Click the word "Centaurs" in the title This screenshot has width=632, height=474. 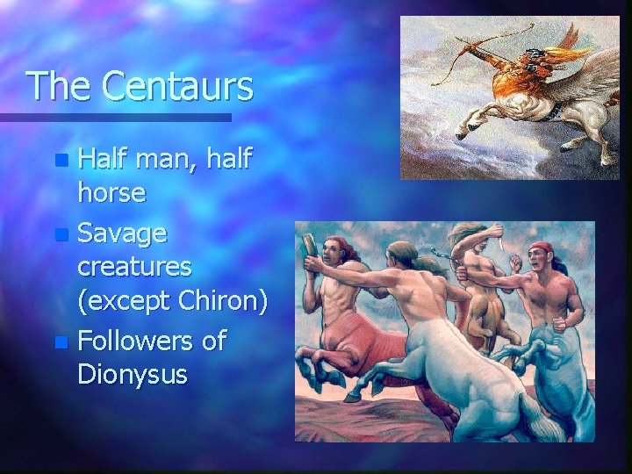point(176,87)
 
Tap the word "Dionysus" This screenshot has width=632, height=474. point(133,375)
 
